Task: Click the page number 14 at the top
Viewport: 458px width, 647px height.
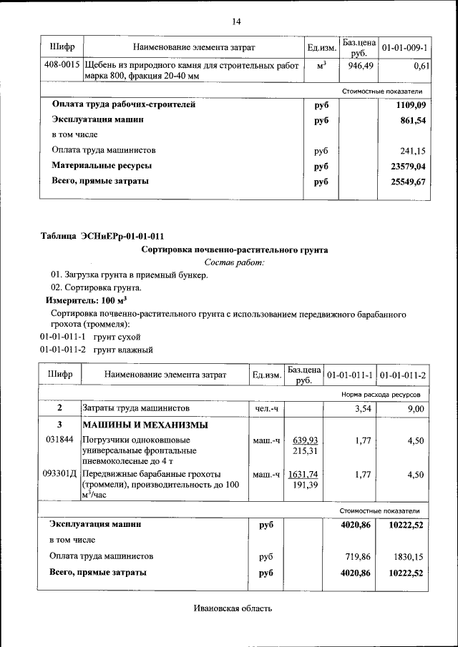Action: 236,21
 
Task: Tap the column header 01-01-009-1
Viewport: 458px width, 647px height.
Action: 404,47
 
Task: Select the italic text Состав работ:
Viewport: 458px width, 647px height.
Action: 234,263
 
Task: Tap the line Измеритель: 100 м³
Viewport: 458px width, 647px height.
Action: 82,301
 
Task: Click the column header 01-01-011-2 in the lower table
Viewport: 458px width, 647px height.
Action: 402,375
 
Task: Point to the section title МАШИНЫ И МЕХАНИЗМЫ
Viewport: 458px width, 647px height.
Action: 145,425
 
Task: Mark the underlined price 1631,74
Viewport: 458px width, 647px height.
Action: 303,474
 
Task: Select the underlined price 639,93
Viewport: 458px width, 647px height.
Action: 305,440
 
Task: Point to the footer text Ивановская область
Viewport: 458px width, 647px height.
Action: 233,609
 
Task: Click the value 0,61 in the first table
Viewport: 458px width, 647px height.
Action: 421,65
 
